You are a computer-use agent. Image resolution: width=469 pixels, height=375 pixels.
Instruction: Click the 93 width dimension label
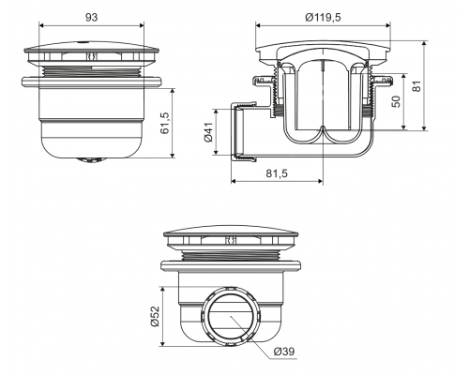click(x=91, y=17)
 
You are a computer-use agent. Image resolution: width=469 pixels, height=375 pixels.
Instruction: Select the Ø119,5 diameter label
click(x=323, y=18)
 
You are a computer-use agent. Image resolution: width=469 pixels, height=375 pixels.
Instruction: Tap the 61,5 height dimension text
click(x=165, y=123)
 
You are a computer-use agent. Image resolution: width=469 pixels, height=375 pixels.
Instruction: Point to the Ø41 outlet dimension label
click(x=208, y=132)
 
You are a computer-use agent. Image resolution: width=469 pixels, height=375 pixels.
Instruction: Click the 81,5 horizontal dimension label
click(x=277, y=173)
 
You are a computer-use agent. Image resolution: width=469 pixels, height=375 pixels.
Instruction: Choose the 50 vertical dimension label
click(x=396, y=102)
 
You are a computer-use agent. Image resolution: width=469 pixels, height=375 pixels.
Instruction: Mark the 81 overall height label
click(x=416, y=86)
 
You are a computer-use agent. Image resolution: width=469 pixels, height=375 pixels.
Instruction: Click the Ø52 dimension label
click(x=155, y=316)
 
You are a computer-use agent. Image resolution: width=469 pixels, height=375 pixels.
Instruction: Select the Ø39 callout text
click(x=284, y=352)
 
